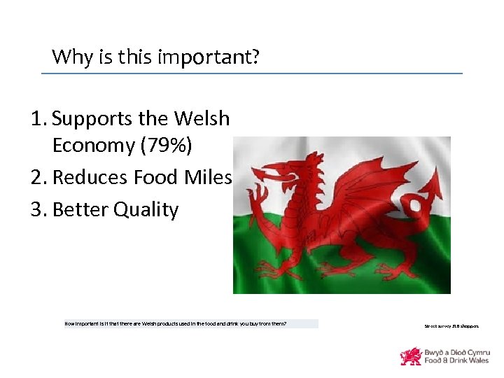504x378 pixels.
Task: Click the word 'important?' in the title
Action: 218,56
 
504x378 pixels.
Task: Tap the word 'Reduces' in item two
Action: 89,178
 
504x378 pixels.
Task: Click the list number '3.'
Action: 39,210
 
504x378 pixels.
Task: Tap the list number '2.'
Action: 39,178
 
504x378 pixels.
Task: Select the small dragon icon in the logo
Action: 410,356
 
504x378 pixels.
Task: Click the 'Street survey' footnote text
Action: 451,325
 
